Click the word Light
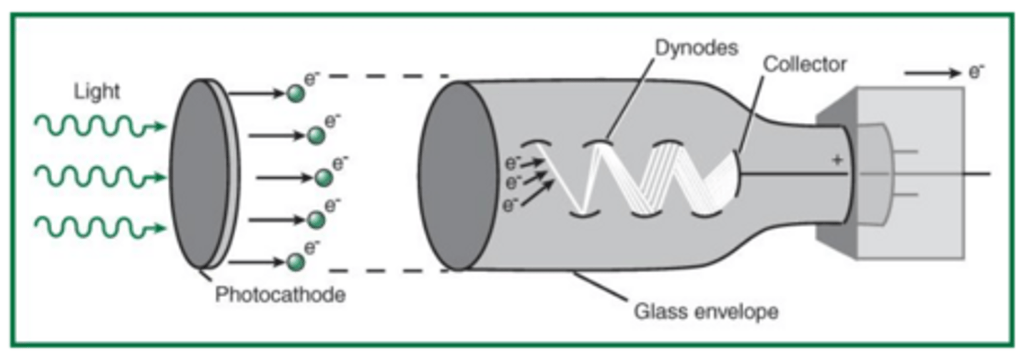pos(96,92)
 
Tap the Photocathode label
pos(280,294)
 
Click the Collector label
pos(805,64)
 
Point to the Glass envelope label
pos(706,311)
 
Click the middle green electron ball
pos(324,176)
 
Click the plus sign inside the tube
pos(837,161)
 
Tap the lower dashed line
pos(387,271)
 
